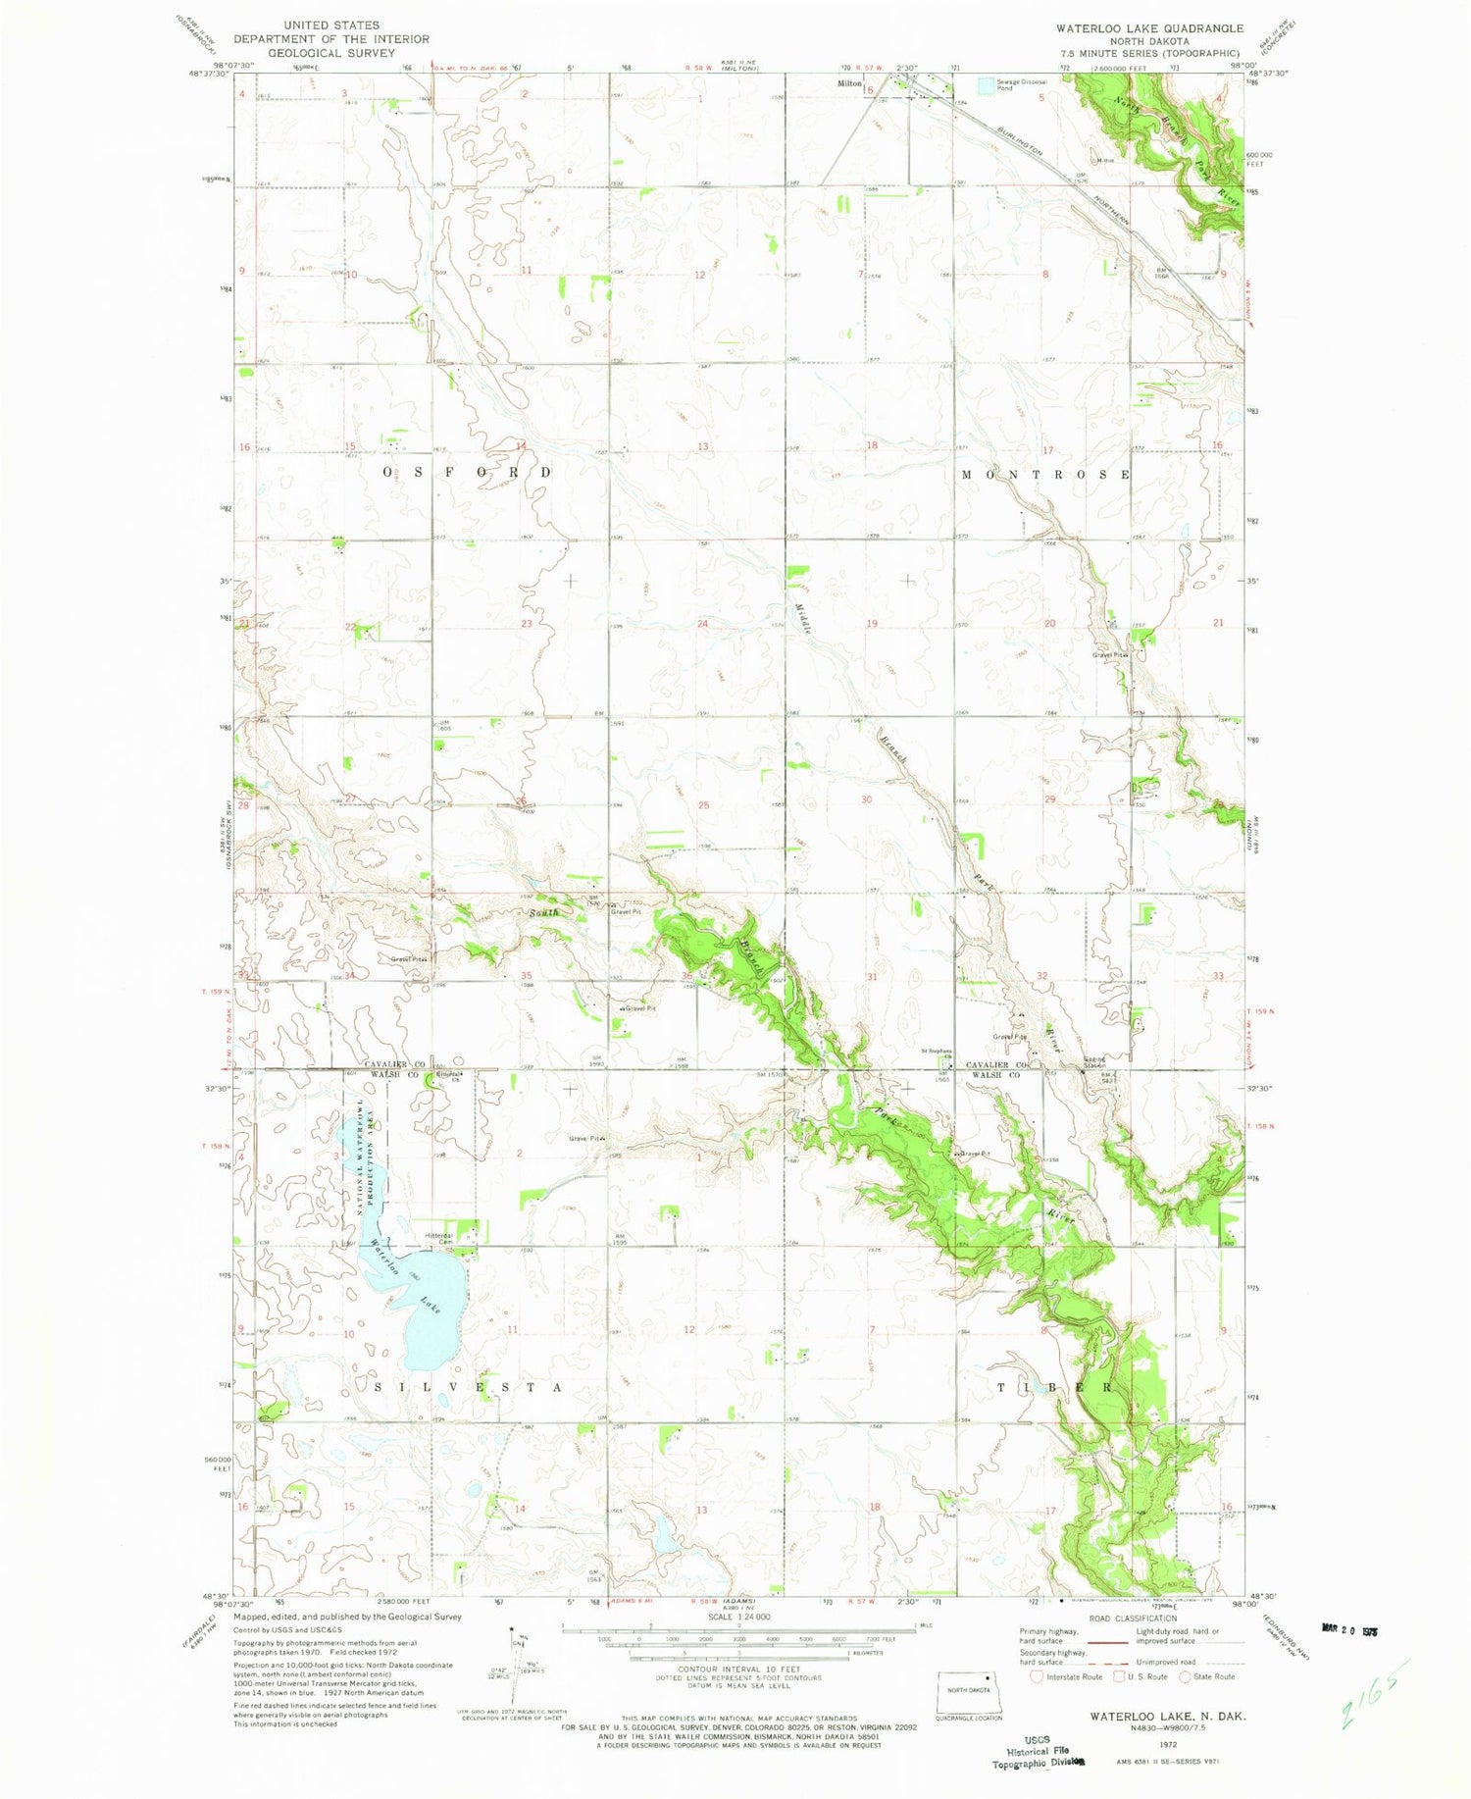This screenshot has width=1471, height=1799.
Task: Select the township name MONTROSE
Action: coord(1046,475)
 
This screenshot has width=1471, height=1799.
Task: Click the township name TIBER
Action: coord(1055,1388)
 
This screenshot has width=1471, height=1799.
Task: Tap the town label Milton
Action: coord(849,84)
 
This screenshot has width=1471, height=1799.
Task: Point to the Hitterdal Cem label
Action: coord(437,1238)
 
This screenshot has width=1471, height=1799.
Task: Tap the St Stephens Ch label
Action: coord(937,1054)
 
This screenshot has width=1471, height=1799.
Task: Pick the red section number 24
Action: coord(702,624)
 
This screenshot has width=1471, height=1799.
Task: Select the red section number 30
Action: coord(866,799)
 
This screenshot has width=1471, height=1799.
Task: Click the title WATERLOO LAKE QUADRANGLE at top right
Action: coord(1149,28)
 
